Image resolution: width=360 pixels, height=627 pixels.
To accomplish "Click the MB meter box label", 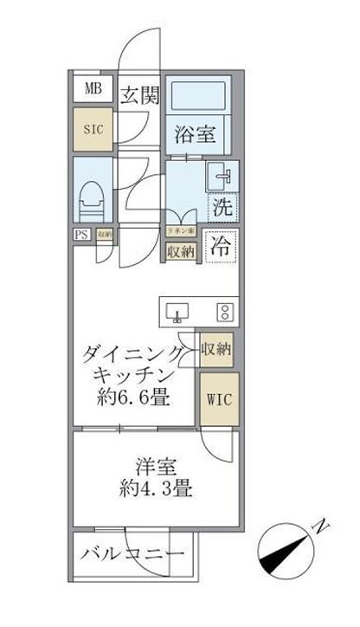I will tap(92, 87).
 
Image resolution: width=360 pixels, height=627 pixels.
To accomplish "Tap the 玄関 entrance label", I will tap(139, 96).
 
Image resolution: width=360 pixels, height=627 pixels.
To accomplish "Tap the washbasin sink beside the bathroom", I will tap(221, 178).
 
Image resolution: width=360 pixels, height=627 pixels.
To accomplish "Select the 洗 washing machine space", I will tap(223, 208).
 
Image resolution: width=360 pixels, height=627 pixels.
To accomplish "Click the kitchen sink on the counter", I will tap(177, 311).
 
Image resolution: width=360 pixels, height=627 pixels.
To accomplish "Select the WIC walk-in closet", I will tap(218, 401).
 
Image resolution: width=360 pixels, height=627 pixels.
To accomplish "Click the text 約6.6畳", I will tap(132, 399).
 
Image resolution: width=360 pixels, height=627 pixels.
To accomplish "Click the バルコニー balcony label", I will tap(132, 555).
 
